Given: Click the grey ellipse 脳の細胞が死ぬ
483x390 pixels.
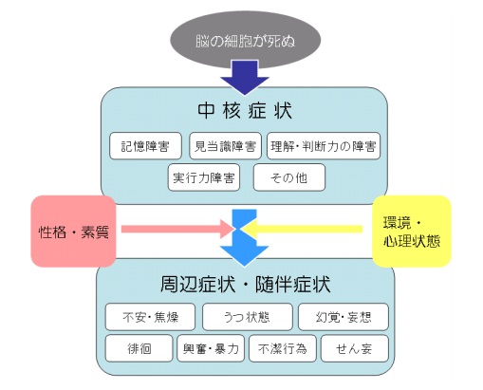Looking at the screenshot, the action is click(246, 40).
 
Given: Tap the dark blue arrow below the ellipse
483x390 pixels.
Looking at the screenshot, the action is click(245, 78).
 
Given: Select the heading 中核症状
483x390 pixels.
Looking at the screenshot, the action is click(245, 111).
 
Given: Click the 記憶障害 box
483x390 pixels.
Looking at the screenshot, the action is click(145, 146).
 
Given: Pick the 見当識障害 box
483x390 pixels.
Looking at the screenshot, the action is click(225, 146).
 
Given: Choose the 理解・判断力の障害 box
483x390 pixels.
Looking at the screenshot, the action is click(324, 146).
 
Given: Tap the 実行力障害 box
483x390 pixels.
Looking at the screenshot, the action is click(204, 177).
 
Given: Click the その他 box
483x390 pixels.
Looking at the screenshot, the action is click(289, 177).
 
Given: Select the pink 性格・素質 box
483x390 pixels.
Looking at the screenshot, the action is click(73, 232).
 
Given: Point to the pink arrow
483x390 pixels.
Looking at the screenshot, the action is click(178, 229).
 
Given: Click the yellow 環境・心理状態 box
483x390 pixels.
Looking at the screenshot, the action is click(411, 232).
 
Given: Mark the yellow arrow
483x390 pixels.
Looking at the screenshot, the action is click(302, 229).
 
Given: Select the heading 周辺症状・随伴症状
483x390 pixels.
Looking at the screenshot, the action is click(246, 284).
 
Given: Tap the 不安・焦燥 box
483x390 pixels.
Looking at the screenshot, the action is click(150, 317).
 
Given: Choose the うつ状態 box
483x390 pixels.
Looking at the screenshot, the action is click(248, 317).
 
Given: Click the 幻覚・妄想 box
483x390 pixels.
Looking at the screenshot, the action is click(344, 317).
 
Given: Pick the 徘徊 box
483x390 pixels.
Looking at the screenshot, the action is click(139, 348).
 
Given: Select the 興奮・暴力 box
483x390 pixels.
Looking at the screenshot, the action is click(211, 348).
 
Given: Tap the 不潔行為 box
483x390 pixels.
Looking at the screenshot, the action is click(283, 348).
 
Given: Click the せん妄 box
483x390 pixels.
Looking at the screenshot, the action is click(355, 348).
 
